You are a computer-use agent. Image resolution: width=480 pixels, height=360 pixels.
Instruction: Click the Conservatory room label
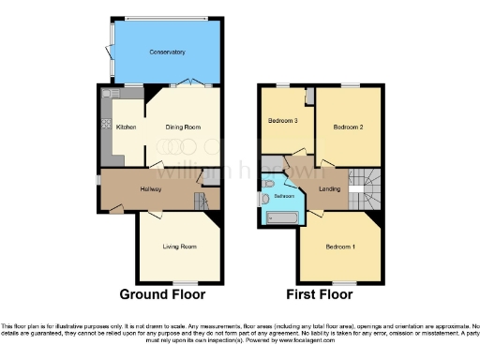click(166, 52)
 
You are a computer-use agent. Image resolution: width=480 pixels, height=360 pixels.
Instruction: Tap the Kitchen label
click(126, 127)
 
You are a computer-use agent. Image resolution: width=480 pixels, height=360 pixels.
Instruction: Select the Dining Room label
click(184, 127)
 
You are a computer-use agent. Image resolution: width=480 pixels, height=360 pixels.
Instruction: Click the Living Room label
click(180, 247)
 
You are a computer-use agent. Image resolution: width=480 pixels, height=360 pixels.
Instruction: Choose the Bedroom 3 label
click(283, 121)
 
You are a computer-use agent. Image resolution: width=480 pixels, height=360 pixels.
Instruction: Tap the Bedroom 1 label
click(339, 247)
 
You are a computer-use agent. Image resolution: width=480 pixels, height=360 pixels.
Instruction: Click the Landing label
click(329, 190)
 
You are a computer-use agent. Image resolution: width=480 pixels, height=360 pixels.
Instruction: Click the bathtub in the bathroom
click(281, 219)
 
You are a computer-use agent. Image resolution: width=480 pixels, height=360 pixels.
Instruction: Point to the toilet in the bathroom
click(268, 184)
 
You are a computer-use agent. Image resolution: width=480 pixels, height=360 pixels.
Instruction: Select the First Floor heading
click(319, 294)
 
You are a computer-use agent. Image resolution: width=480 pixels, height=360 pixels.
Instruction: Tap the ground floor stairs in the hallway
click(200, 200)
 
